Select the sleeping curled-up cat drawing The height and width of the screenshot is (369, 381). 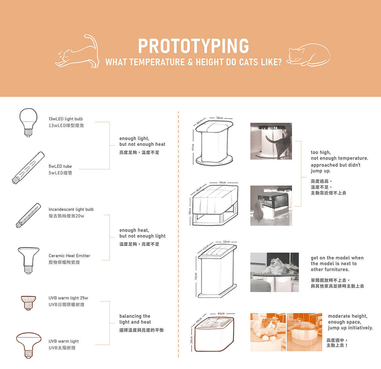coord(308,55)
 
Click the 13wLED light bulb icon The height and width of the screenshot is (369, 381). coord(28,122)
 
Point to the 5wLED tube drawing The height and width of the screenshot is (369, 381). coord(28,168)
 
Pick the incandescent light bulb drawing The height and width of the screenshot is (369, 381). coord(28,215)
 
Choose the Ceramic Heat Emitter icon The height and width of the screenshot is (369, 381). coord(28,260)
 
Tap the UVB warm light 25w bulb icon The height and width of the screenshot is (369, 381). coord(28,303)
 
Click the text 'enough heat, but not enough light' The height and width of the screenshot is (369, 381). coord(142,233)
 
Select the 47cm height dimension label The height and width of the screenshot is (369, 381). coord(193,147)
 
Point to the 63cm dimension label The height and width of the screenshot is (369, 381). coord(196,276)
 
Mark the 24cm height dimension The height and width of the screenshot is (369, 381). coord(191,340)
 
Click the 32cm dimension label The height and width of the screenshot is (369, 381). coord(226,242)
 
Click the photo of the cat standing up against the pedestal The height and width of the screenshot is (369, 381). coord(271,141)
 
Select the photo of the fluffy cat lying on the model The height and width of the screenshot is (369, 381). coord(275,272)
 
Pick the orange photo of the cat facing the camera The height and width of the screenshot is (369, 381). coord(268,332)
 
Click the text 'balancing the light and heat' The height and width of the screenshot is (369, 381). coord(135,319)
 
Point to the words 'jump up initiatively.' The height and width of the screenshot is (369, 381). coord(350,328)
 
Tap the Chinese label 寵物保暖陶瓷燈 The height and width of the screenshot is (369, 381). coord(64,262)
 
